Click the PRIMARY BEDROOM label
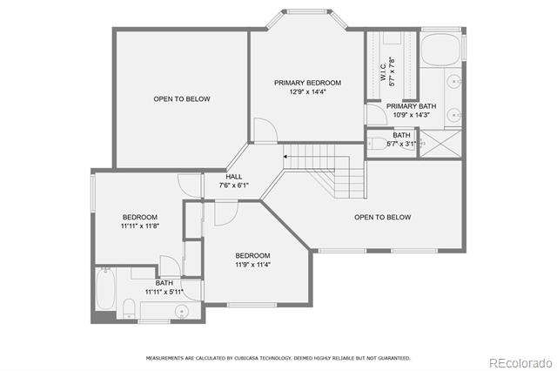click(x=307, y=83)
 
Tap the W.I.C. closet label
click(x=384, y=72)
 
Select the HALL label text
click(x=234, y=177)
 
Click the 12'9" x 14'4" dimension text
click(x=307, y=91)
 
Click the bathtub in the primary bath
click(x=440, y=50)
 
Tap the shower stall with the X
click(x=441, y=143)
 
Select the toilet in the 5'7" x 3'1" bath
click(x=377, y=144)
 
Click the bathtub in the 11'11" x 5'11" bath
click(x=105, y=288)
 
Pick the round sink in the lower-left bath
click(x=182, y=312)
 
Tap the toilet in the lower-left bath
click(x=129, y=308)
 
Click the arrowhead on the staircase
click(x=285, y=157)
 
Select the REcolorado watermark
click(x=520, y=363)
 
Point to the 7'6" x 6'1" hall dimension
click(x=234, y=185)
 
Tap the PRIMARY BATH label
click(x=412, y=106)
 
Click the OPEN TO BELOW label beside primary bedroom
click(x=182, y=98)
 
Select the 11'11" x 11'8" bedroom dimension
click(x=140, y=226)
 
